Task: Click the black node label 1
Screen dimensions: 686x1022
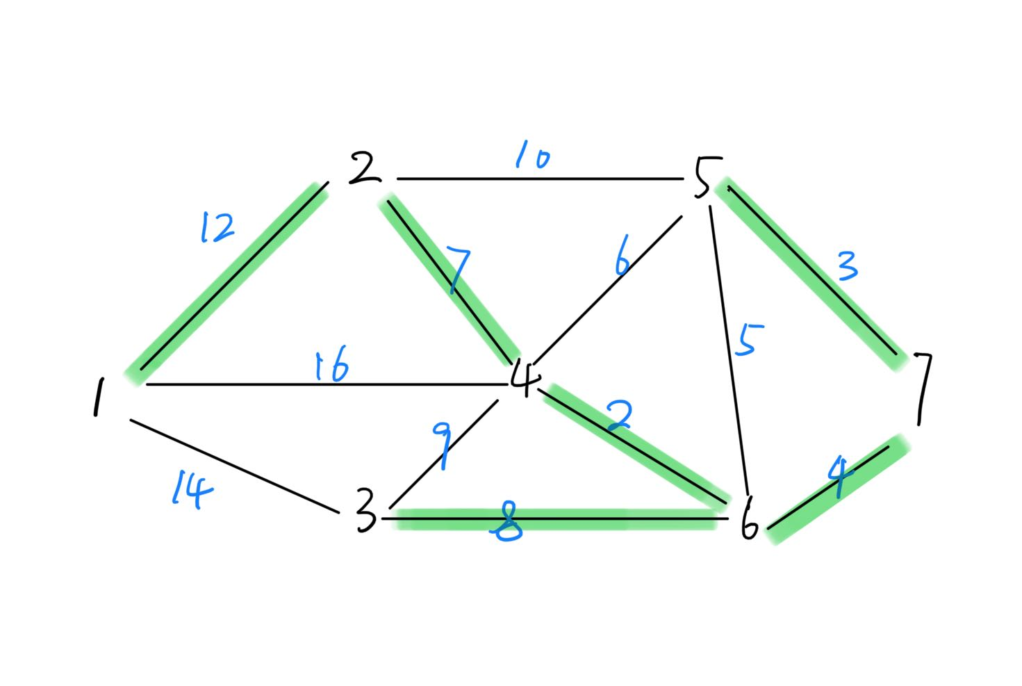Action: click(99, 398)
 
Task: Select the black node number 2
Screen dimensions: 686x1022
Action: click(364, 169)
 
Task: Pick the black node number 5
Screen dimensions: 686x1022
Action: click(703, 178)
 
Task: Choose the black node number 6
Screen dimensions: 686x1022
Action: click(748, 518)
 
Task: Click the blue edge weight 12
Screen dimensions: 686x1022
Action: click(217, 227)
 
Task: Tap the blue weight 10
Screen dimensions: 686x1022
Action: click(532, 156)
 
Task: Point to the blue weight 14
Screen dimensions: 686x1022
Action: click(192, 489)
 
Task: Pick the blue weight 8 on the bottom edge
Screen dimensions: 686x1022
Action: click(507, 523)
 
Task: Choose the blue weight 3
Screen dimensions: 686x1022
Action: click(847, 266)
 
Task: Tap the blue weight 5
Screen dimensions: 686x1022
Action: click(749, 340)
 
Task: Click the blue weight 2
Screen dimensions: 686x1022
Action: click(618, 415)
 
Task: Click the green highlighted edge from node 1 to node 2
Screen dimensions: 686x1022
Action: click(229, 281)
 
